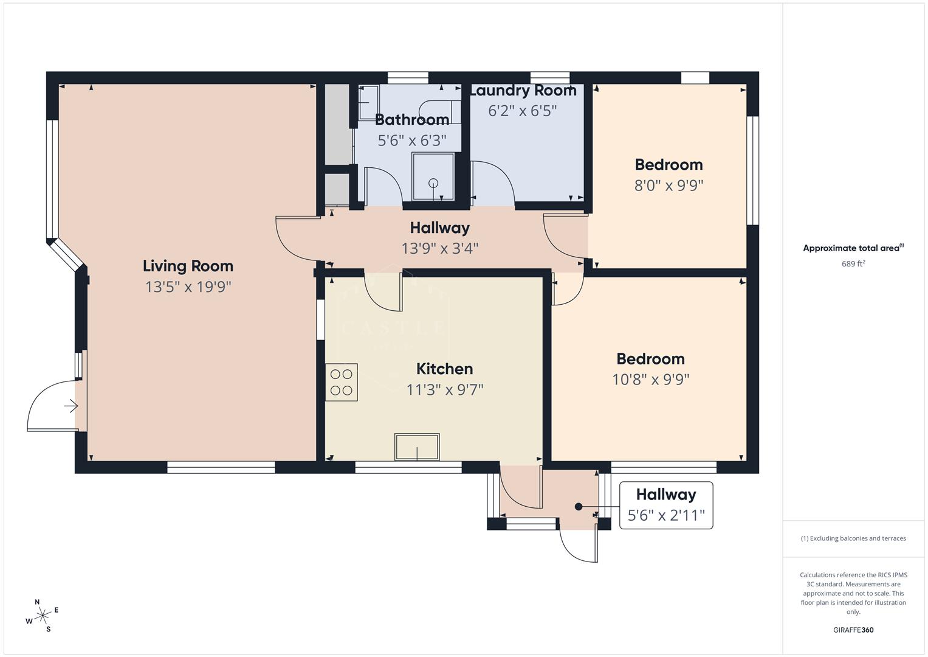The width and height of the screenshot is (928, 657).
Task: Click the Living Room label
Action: pyautogui.click(x=188, y=266)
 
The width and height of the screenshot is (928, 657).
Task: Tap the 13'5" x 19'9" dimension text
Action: pyautogui.click(x=188, y=287)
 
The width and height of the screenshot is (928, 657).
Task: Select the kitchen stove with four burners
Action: pyautogui.click(x=341, y=382)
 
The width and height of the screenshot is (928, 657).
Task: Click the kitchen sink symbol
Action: pyautogui.click(x=417, y=447)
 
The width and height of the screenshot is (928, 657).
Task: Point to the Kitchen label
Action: pyautogui.click(x=444, y=369)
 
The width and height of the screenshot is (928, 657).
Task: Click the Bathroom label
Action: pyautogui.click(x=412, y=119)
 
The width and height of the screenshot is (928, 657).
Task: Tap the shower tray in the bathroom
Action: pyautogui.click(x=433, y=176)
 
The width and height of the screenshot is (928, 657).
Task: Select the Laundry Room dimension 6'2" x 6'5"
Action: pyautogui.click(x=522, y=111)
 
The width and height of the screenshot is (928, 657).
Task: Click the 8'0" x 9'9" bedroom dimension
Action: pyautogui.click(x=669, y=185)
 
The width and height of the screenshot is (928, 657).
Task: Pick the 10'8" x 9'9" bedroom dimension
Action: pyautogui.click(x=650, y=380)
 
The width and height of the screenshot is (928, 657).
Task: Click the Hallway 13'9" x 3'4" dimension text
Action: pyautogui.click(x=439, y=248)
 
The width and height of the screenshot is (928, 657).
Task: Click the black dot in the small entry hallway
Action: pyautogui.click(x=579, y=507)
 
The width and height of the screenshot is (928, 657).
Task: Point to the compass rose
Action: pyautogui.click(x=43, y=616)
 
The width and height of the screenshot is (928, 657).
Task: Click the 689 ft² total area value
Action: pyautogui.click(x=853, y=264)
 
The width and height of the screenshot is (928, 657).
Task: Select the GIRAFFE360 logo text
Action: pyautogui.click(x=853, y=630)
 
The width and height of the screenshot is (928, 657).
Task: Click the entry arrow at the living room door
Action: pyautogui.click(x=71, y=406)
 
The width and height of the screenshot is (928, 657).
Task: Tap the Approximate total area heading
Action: pyautogui.click(x=853, y=248)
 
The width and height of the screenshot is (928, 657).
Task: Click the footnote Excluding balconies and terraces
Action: pyautogui.click(x=853, y=538)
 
